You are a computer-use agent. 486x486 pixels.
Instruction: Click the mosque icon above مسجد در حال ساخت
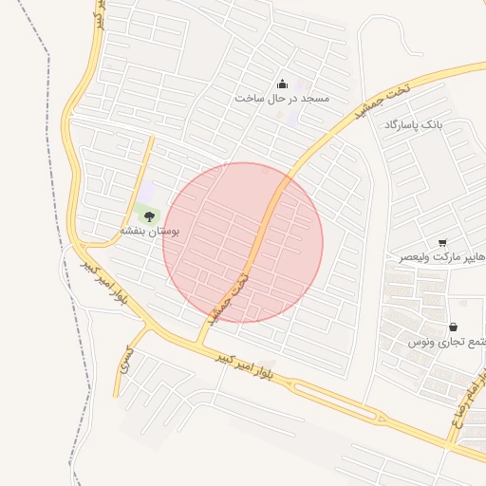[281, 84]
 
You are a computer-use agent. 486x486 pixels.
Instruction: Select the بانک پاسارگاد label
[414, 125]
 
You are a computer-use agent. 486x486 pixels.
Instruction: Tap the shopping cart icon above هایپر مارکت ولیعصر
[442, 243]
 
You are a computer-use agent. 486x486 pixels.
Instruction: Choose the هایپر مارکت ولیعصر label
[441, 256]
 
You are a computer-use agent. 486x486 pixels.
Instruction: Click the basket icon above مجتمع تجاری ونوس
[452, 327]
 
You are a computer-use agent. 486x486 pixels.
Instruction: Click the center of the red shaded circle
[243, 242]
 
